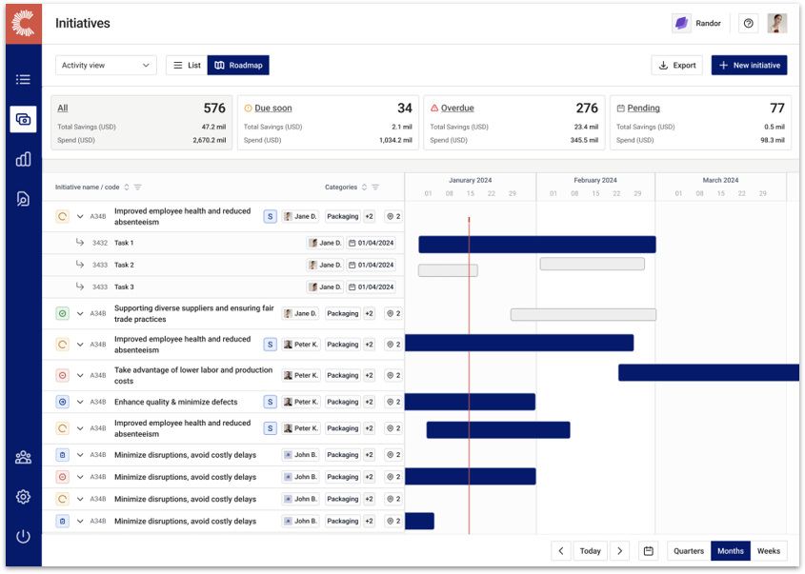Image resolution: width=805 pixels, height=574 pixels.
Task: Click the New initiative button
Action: click(749, 66)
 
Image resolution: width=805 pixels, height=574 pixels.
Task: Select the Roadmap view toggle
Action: click(238, 66)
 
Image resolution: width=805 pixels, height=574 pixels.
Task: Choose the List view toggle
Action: click(187, 66)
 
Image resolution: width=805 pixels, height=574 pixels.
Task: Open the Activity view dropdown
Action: click(106, 66)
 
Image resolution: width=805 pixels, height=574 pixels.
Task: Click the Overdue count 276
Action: click(587, 109)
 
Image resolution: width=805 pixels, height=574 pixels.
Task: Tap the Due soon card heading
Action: click(273, 109)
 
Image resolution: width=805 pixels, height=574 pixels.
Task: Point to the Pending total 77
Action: click(777, 109)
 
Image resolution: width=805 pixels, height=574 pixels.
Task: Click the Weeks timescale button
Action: click(769, 551)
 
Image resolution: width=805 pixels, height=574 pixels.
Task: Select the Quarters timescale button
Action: click(689, 551)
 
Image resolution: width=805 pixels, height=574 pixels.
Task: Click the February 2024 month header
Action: click(595, 180)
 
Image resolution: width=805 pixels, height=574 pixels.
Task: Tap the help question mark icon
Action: click(749, 24)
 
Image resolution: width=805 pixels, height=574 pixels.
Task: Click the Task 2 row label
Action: click(124, 265)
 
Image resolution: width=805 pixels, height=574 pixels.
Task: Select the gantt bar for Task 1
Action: click(536, 245)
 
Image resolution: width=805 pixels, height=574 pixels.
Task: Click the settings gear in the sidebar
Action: click(23, 497)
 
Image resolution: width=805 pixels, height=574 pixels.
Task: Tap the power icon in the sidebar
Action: click(23, 536)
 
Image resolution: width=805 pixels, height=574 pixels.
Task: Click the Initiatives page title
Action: click(83, 24)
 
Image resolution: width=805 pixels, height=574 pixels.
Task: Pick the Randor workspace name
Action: click(708, 24)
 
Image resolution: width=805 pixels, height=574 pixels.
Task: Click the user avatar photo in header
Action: click(777, 24)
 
